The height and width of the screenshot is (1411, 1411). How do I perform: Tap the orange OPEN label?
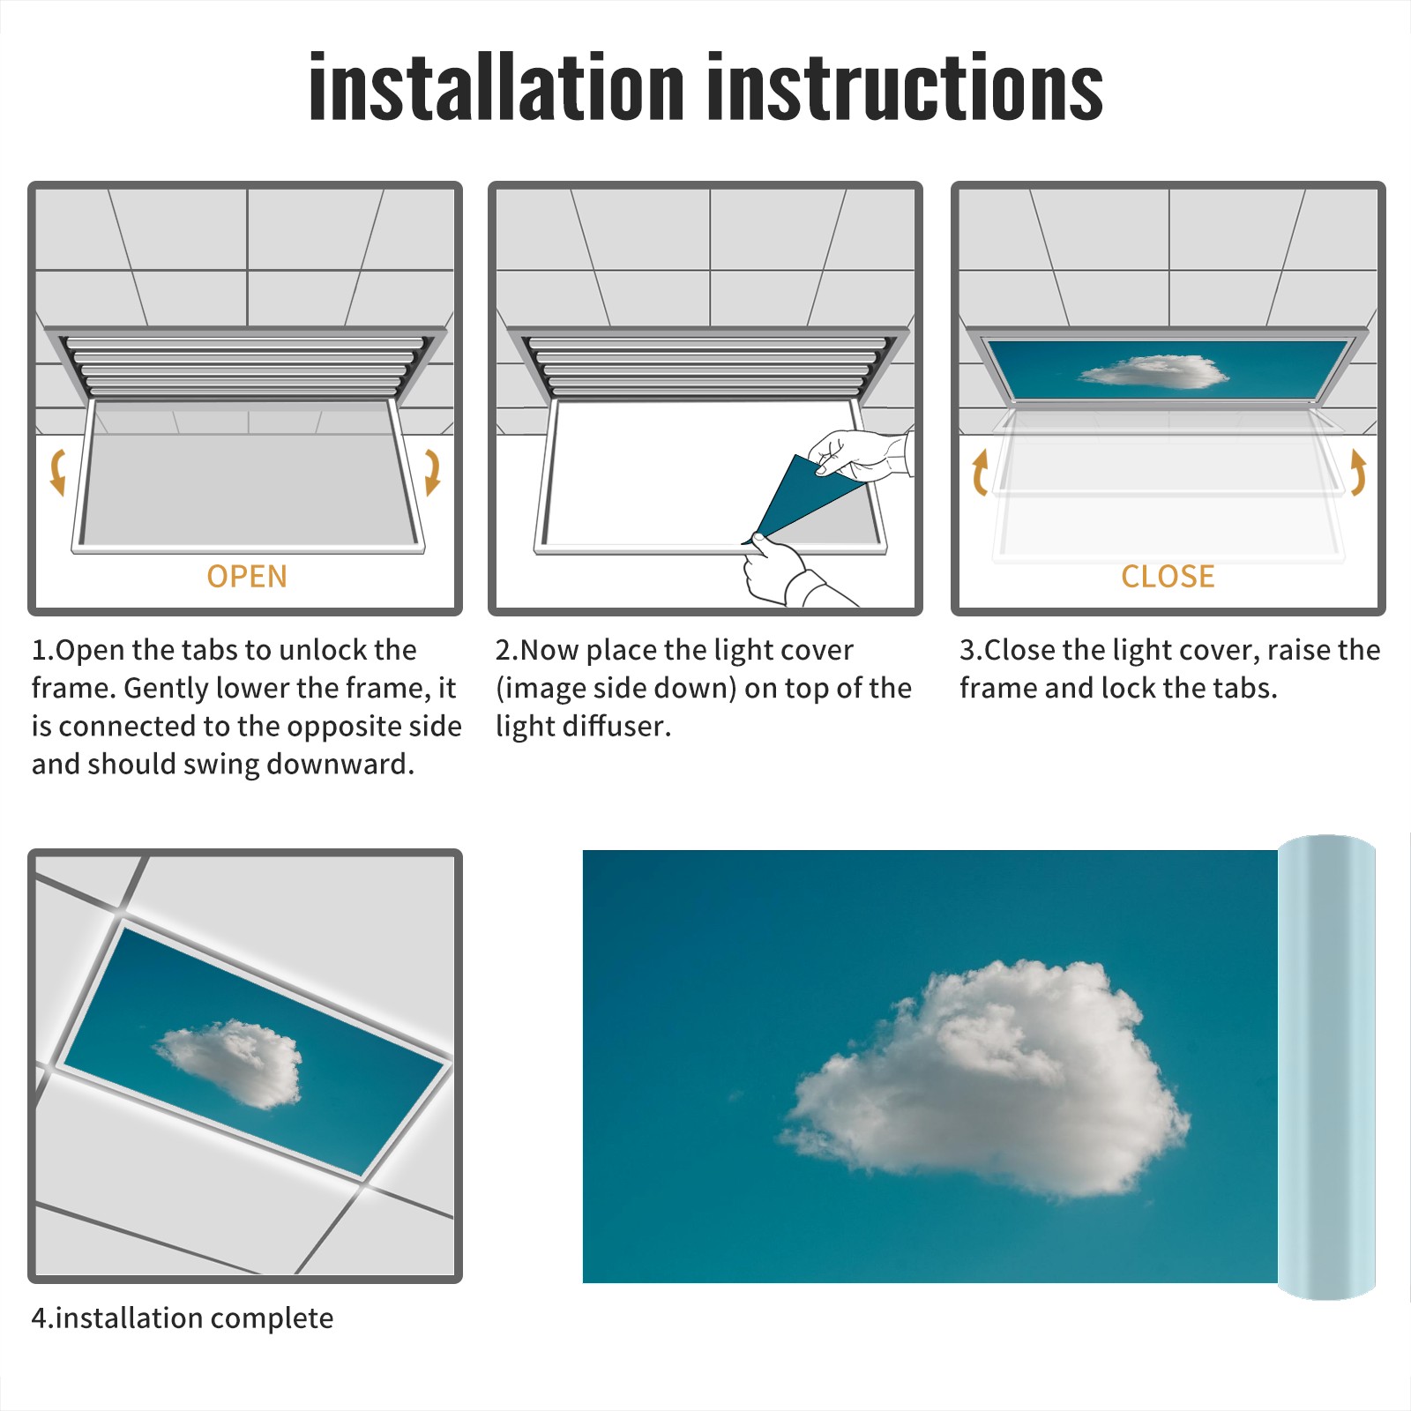[247, 576]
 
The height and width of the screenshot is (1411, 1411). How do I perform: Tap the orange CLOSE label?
[1168, 576]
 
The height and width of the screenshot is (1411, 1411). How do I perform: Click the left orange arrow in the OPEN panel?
[57, 472]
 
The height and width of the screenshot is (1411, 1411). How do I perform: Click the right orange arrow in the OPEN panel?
[432, 472]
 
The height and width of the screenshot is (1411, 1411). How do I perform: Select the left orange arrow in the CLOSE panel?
[980, 472]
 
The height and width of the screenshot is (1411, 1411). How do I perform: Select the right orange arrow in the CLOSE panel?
[1358, 472]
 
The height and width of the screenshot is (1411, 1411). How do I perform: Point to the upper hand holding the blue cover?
[860, 454]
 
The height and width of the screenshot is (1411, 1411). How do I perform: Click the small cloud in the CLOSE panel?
[1153, 372]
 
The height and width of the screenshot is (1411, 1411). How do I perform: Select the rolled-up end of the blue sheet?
[1326, 1067]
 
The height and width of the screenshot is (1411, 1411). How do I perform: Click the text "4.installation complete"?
[183, 1318]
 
